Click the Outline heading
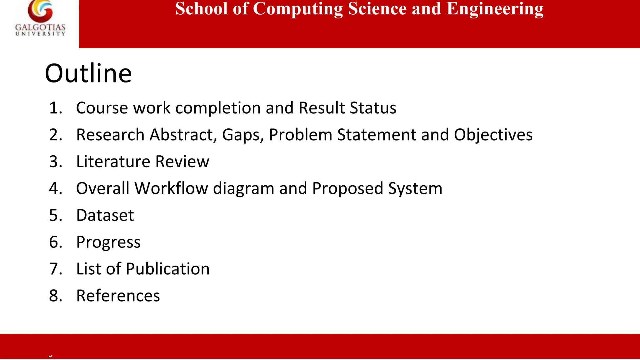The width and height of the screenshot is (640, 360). tap(88, 73)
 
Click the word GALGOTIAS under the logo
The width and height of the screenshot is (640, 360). tap(40, 27)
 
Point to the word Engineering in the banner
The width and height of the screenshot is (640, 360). tap(495, 9)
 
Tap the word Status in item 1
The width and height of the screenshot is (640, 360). tap(373, 108)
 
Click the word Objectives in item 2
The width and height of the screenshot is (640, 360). tap(493, 135)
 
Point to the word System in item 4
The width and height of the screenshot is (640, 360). tap(415, 189)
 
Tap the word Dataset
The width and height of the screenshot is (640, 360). tap(105, 216)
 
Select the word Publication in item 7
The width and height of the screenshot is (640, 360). tap(167, 269)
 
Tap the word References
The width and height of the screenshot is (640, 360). tap(118, 296)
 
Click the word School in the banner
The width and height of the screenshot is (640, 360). tap(201, 9)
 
